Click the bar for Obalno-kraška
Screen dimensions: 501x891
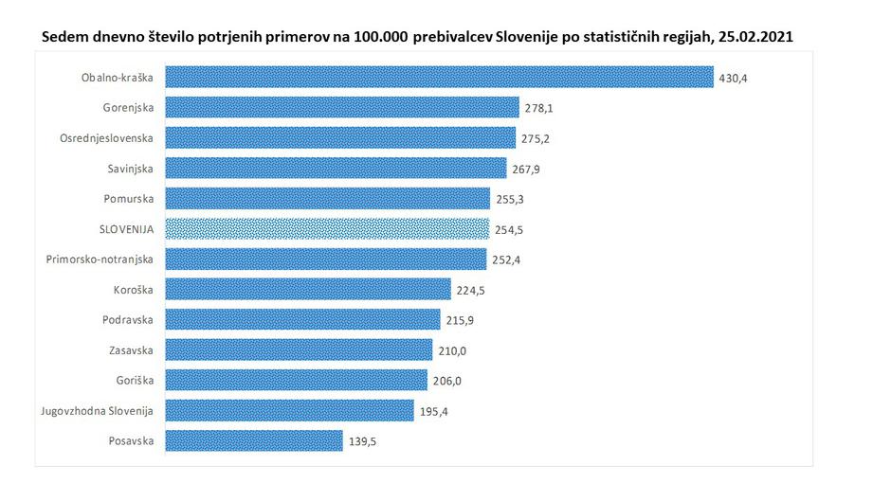[x=439, y=77]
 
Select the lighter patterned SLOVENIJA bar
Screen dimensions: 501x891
[x=327, y=229]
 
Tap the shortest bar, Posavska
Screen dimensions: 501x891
[x=254, y=440]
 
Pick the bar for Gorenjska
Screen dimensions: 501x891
[x=342, y=107]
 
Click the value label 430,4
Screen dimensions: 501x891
[x=733, y=78]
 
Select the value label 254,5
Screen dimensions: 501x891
[x=509, y=229]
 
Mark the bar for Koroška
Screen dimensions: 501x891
[x=308, y=289]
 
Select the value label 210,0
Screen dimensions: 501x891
[x=452, y=350]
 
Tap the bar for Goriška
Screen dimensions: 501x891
[x=296, y=380]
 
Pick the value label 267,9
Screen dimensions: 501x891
[x=527, y=169]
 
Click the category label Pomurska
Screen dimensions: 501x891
[x=130, y=198]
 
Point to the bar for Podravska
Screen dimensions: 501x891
[x=302, y=319]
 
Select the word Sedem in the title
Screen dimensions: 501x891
[x=64, y=37]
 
